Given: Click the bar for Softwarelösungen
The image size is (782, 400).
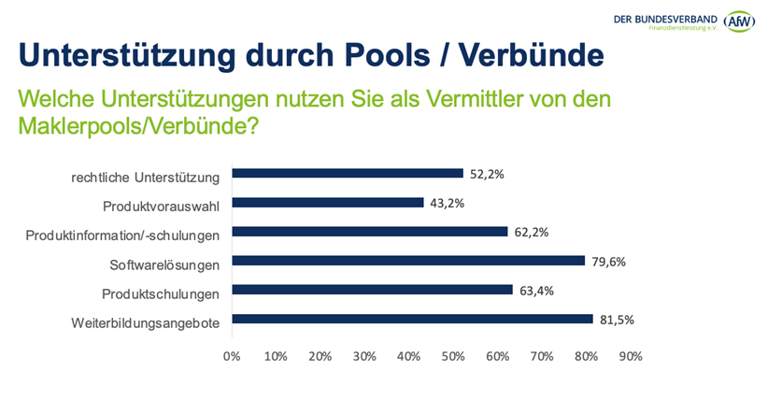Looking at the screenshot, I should (407, 261).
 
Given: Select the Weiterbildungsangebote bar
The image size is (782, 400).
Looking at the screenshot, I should (412, 319).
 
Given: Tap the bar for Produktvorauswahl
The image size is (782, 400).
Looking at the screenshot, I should (327, 202).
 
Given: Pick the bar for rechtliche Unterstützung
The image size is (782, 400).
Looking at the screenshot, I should (348, 173).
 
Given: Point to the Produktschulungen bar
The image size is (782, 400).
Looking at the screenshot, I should (372, 290).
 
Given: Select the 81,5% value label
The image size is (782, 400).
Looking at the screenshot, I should (617, 320).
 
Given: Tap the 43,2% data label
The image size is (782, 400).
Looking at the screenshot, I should (447, 203).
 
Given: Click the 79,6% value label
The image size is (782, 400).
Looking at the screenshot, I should (608, 262).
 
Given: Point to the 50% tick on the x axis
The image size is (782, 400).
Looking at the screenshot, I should (453, 356).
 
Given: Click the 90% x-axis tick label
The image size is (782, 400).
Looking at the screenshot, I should (631, 356).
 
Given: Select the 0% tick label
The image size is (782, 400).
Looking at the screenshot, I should (232, 356).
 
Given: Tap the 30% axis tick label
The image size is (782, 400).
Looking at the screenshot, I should (364, 356).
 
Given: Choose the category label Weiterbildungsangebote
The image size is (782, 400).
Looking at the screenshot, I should (145, 322).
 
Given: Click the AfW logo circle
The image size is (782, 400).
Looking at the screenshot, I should (739, 21).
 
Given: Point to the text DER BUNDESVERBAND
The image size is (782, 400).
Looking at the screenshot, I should (665, 18).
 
